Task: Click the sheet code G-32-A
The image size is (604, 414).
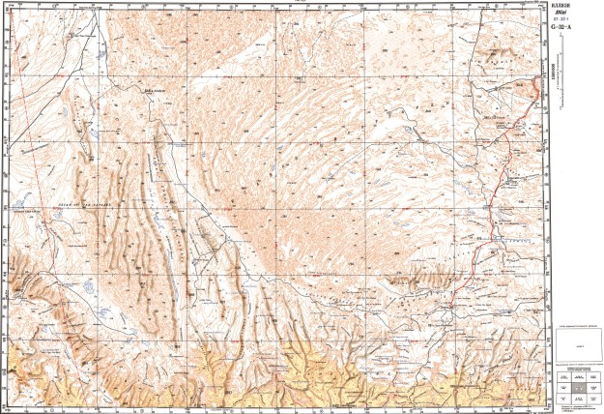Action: [x=561, y=27]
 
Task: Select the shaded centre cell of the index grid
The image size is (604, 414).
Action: [x=577, y=391]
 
